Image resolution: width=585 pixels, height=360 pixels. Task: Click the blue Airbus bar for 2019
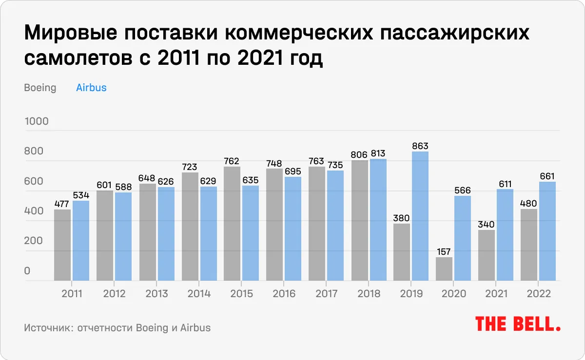point(420,216)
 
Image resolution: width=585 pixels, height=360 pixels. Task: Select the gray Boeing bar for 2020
point(444,269)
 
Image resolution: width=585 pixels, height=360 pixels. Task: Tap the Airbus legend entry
point(91,88)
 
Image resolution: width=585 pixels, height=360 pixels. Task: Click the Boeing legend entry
point(40,88)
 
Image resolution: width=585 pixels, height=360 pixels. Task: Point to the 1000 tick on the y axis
point(37,121)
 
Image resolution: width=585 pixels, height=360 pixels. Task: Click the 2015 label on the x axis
point(242,294)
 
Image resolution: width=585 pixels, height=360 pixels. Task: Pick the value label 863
point(420,146)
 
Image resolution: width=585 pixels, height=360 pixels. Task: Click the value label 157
point(444,251)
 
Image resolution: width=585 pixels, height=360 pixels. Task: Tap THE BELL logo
point(518,324)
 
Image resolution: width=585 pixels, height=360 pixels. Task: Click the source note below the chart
point(117,327)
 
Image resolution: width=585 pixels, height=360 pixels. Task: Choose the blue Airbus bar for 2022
point(547,231)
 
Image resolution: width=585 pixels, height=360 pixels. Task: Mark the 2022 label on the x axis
point(539,294)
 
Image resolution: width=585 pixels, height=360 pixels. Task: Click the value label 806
point(359,154)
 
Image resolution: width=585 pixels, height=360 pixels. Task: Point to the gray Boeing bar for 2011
point(62,245)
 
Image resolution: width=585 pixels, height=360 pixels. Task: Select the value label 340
point(487,224)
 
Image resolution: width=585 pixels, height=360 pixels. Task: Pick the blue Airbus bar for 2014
point(208,234)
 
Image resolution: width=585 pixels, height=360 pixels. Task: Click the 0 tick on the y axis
point(28,271)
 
